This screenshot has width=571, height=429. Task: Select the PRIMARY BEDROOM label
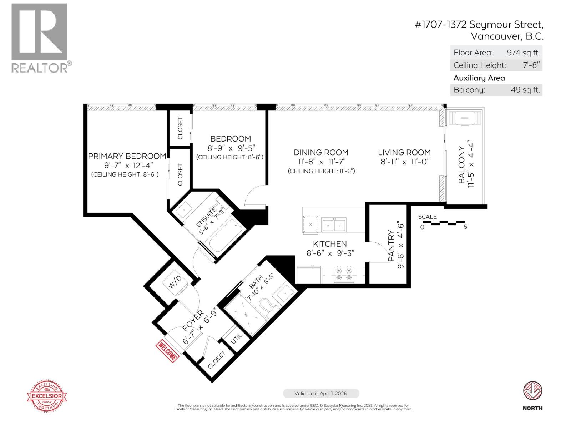click(127, 156)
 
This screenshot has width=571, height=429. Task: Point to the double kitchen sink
click(334, 225)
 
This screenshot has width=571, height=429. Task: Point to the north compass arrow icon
click(532, 391)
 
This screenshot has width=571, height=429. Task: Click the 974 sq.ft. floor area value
click(523, 53)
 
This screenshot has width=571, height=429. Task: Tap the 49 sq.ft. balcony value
click(525, 90)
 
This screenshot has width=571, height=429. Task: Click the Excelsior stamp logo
click(47, 396)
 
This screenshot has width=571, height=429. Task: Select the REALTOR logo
click(40, 38)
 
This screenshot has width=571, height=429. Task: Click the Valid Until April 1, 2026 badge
click(321, 393)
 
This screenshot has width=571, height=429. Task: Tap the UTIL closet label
click(236, 337)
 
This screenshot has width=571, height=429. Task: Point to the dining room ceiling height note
click(321, 171)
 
